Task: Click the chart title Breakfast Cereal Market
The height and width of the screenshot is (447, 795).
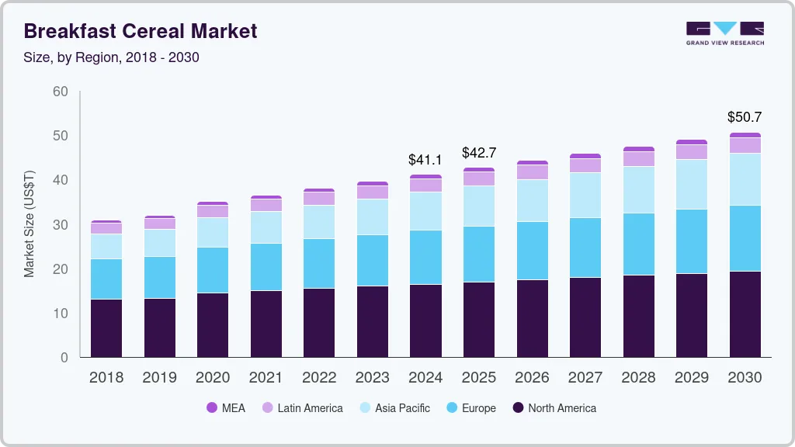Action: pos(140,31)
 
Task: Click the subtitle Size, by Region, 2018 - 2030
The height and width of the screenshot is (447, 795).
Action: pos(111,57)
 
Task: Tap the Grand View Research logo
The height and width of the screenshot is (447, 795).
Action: pos(724,33)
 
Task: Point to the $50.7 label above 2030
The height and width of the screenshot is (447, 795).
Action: pos(745,117)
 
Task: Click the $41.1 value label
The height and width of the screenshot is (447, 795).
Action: pos(425,160)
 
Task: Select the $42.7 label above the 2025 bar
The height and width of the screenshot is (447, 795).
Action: pos(478,153)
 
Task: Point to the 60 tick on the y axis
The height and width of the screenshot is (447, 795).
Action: pos(61,92)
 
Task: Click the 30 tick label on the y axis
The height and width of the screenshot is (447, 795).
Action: pos(61,225)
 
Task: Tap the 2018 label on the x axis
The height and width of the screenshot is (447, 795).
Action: pos(106,378)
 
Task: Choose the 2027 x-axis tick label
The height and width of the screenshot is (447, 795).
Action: pos(585,378)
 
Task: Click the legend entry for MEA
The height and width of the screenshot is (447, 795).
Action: pos(226,407)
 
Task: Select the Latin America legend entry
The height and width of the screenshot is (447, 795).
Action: pos(302,407)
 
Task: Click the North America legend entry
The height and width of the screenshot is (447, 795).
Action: pos(554,407)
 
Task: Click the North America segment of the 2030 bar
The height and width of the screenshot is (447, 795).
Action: pos(745,314)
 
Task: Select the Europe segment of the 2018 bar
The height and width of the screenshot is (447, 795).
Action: pos(106,279)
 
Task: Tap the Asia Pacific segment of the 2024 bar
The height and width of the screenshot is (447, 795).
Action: pos(425,210)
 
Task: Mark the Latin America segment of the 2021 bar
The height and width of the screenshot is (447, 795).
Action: pos(266,205)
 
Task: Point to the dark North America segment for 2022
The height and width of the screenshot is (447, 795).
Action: pos(319,322)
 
